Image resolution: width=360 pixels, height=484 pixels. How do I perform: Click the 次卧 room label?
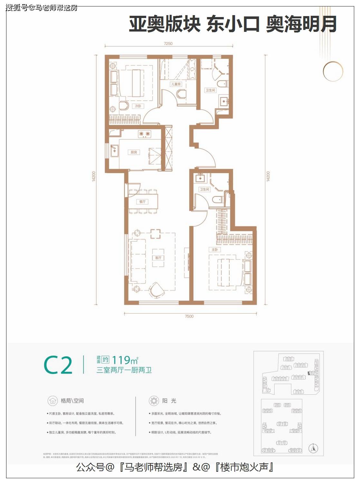point(138,106)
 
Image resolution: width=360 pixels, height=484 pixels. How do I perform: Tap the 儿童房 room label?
point(176,84)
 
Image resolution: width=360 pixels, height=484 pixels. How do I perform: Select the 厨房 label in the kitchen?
point(134,152)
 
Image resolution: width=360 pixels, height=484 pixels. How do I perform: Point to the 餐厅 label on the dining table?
point(142,202)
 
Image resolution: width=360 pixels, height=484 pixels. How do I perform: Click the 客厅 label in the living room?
point(158,258)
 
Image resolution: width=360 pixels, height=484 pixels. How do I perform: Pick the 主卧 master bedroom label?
point(215,249)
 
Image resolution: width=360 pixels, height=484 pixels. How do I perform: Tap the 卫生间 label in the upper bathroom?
point(210,90)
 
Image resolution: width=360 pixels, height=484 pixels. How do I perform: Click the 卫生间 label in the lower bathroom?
point(204,190)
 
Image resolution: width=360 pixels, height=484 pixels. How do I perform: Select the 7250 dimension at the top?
point(168,43)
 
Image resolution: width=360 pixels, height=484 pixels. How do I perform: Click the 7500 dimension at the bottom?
point(189,316)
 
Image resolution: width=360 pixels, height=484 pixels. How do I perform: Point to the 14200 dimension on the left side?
point(94,176)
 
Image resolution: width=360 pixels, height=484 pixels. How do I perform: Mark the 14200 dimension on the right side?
point(268,176)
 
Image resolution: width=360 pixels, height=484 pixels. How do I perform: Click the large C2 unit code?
point(58,365)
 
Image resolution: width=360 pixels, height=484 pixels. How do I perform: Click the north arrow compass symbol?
point(313,448)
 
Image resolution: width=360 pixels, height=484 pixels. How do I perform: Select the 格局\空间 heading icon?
point(52,401)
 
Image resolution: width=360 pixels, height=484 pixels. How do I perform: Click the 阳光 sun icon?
point(154,401)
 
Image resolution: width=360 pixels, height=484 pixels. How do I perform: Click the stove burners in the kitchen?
point(145,134)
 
